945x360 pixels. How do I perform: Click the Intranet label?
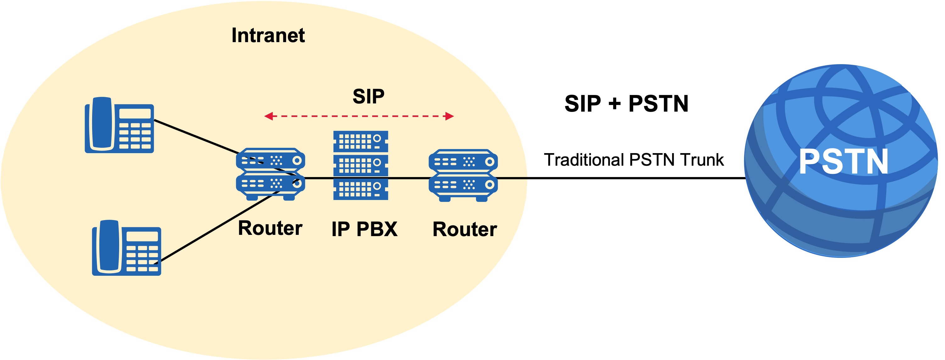pyautogui.click(x=268, y=36)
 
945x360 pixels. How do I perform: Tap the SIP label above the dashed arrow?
pyautogui.click(x=368, y=97)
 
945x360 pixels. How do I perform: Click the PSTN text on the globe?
pyautogui.click(x=843, y=162)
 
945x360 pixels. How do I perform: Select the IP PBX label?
pyautogui.click(x=364, y=229)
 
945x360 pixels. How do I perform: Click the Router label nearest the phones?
pyautogui.click(x=270, y=228)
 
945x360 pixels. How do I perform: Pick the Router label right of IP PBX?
pyautogui.click(x=465, y=229)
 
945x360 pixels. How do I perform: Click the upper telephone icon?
pyautogui.click(x=119, y=125)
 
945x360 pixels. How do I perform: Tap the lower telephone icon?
pyautogui.click(x=127, y=248)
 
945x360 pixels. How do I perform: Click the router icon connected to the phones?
pyautogui.click(x=270, y=174)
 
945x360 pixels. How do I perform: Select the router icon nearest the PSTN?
pyautogui.click(x=463, y=175)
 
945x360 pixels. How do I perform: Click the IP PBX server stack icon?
pyautogui.click(x=361, y=165)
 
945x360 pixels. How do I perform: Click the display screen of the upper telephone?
pyautogui.click(x=135, y=114)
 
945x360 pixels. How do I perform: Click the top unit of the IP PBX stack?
pyautogui.click(x=361, y=141)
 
